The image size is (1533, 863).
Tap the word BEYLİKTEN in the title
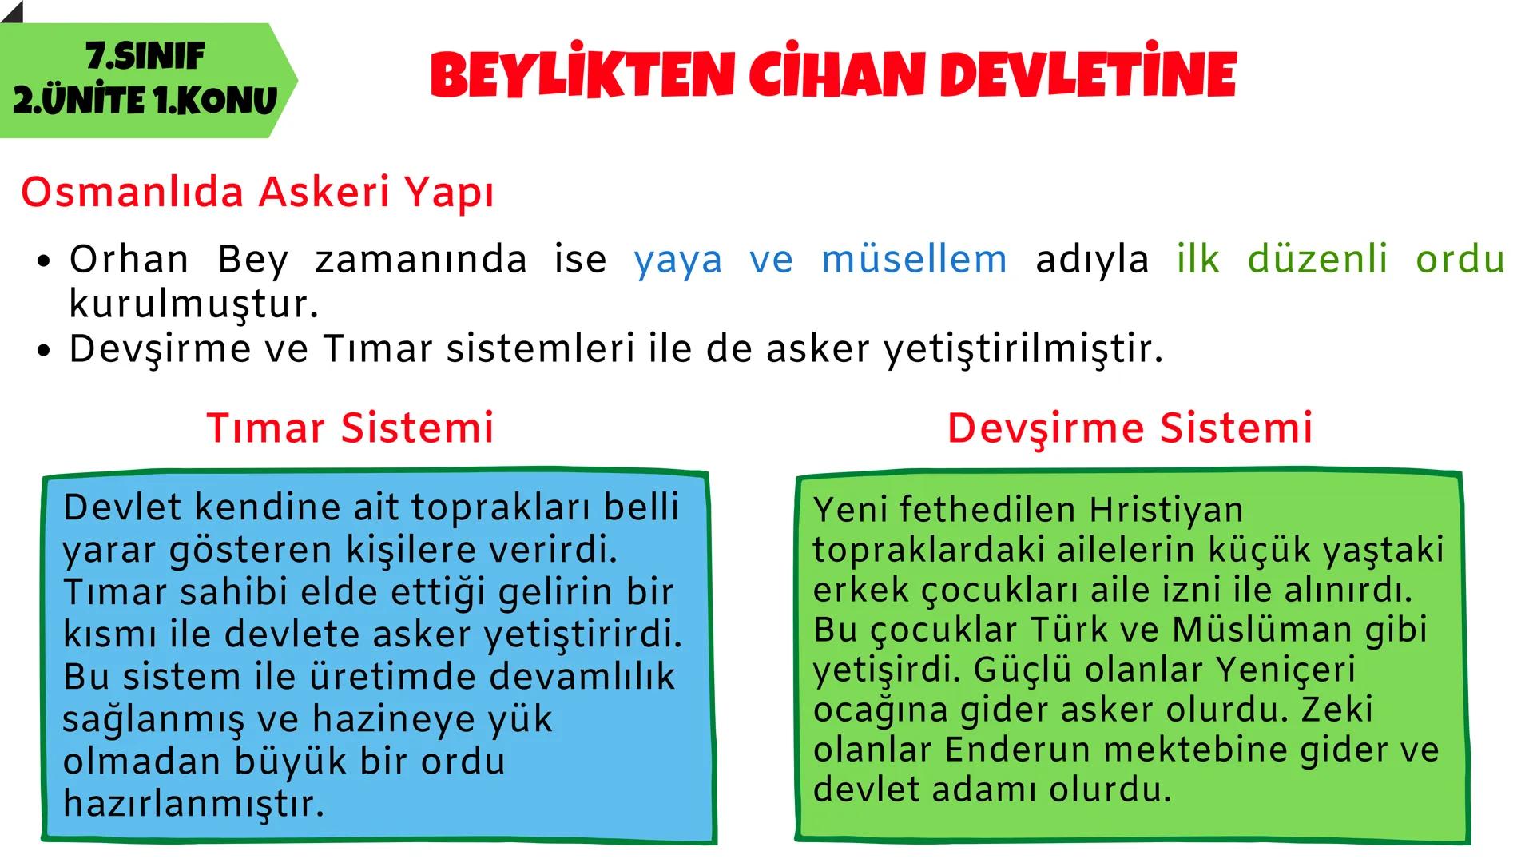[582, 75]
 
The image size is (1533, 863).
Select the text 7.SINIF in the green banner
[145, 56]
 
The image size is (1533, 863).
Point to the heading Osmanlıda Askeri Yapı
[257, 193]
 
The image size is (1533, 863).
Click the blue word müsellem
[914, 260]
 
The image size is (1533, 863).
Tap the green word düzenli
[1317, 260]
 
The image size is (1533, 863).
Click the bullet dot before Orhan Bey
[44, 261]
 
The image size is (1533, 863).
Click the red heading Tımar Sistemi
[350, 428]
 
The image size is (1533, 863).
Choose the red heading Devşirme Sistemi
[1130, 428]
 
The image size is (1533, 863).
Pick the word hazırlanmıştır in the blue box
[194, 804]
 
